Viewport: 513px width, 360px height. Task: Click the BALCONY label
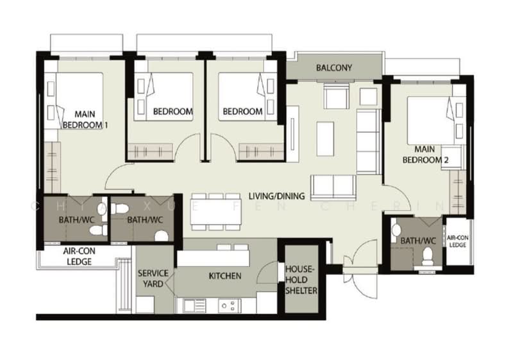point(334,68)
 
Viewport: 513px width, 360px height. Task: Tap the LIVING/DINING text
point(276,196)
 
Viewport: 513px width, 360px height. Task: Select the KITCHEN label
point(225,276)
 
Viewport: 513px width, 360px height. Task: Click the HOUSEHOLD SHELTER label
point(301,280)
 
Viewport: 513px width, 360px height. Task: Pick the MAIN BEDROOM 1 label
point(85,119)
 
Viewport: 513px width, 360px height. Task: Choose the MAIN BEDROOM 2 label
point(425,155)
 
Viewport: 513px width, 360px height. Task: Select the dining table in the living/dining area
point(216,212)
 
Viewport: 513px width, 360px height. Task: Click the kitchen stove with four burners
point(229,305)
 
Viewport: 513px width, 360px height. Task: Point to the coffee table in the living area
point(325,139)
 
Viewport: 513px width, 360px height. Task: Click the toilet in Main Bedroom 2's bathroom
point(428,255)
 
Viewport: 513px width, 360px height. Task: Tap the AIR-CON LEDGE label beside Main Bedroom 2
point(458,241)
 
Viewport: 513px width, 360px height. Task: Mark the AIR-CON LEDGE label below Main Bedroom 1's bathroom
point(79,256)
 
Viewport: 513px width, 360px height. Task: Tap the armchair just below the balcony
point(336,96)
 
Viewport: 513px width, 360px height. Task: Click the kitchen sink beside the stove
point(194,305)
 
